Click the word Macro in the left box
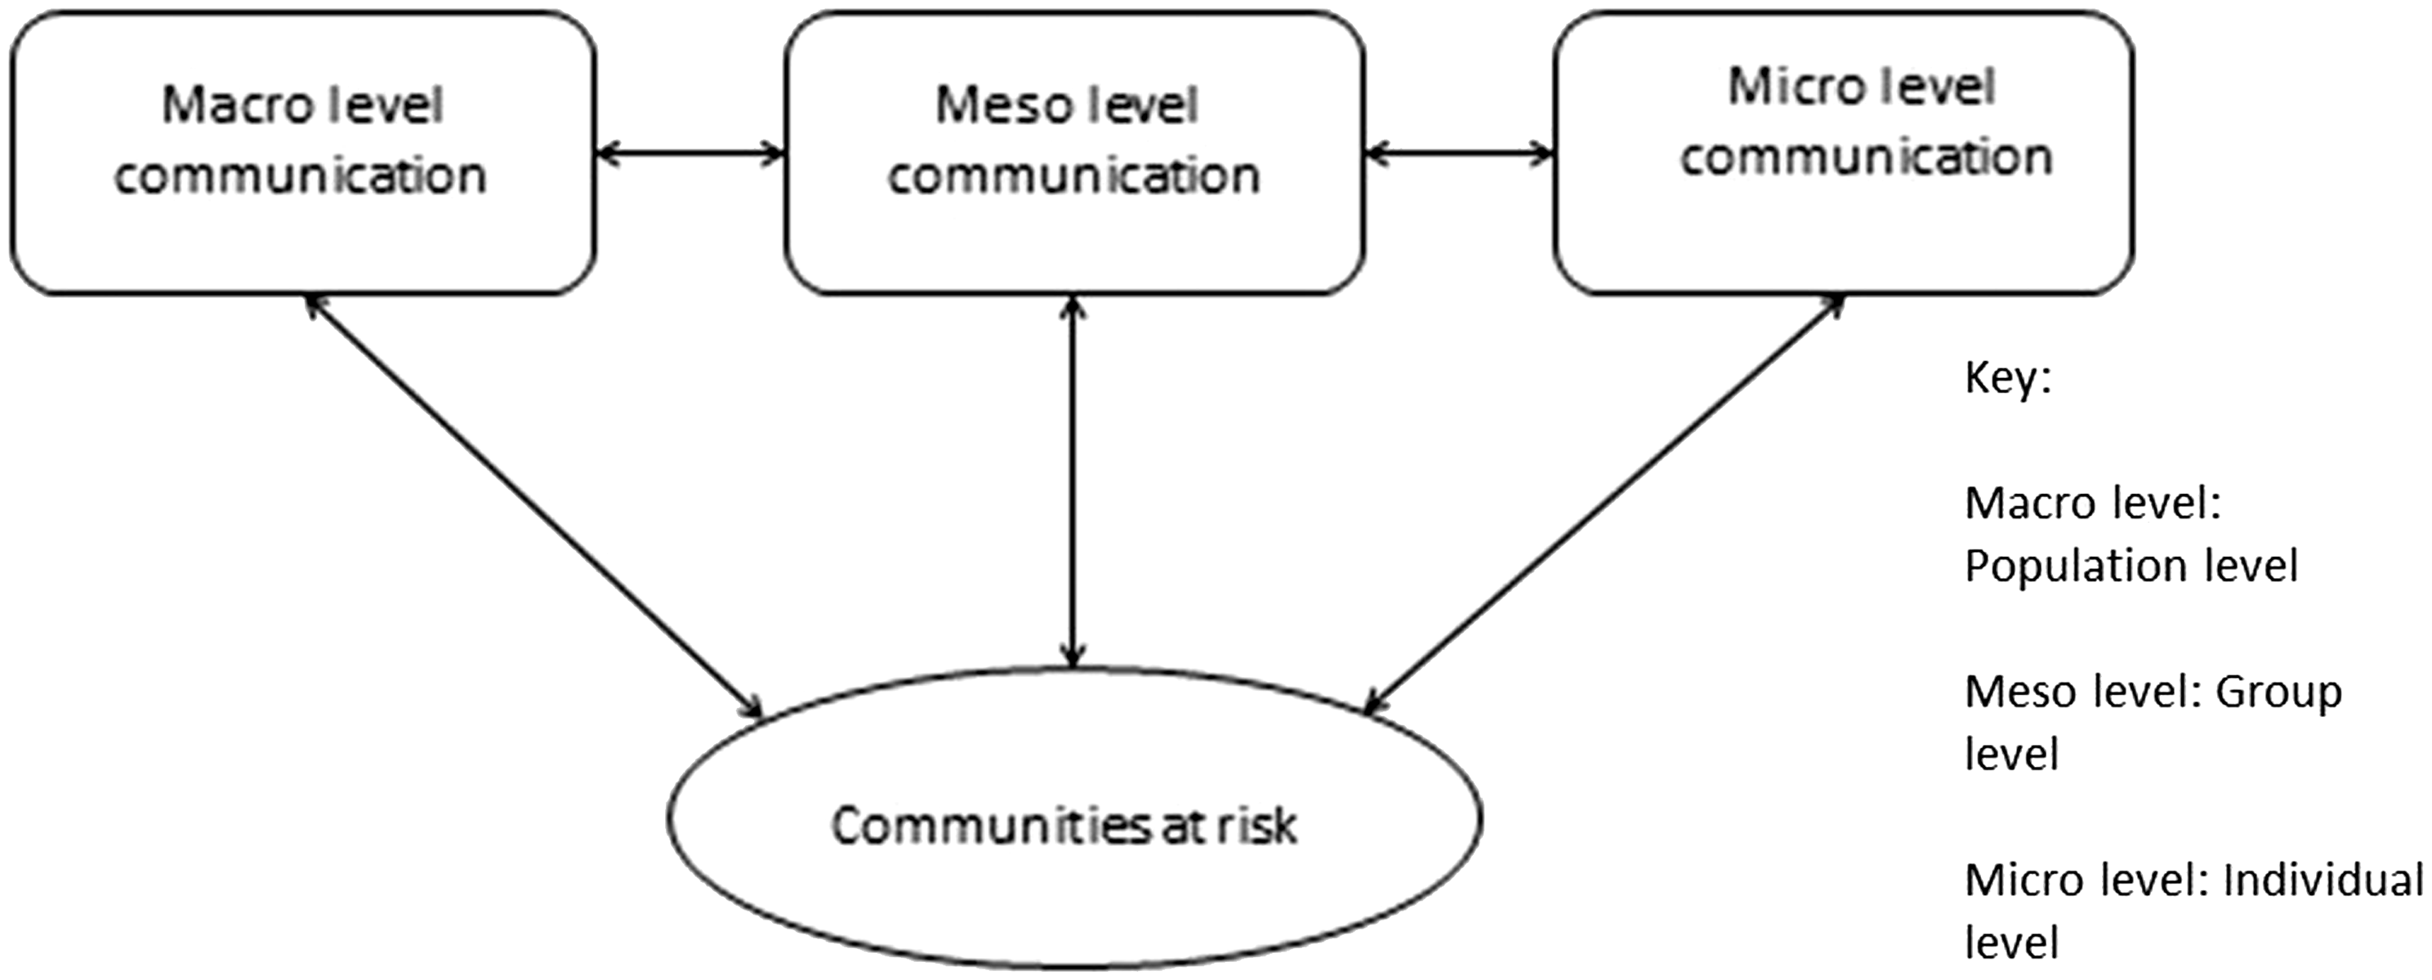(x=223, y=105)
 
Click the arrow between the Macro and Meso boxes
(x=691, y=152)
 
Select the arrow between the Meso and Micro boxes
(x=1460, y=152)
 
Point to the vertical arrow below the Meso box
(x=1073, y=483)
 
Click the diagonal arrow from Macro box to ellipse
(x=534, y=506)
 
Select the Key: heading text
(x=2008, y=380)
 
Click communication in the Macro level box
(x=301, y=176)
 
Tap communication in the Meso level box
(x=1073, y=176)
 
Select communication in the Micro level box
(x=1866, y=158)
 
